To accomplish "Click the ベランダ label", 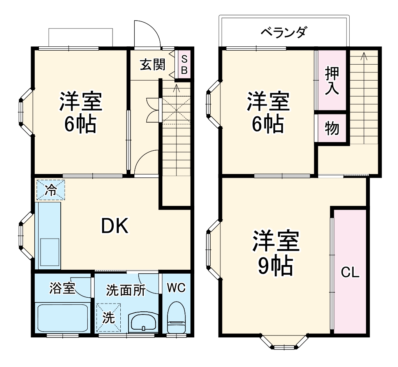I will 284,32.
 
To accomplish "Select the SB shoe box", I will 185,65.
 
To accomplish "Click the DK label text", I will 114,226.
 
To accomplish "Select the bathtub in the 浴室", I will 63,317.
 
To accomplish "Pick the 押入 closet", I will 332,81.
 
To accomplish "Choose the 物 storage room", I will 332,128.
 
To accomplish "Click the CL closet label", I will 350,272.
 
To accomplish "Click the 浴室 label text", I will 62,289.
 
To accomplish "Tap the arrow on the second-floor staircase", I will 364,57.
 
